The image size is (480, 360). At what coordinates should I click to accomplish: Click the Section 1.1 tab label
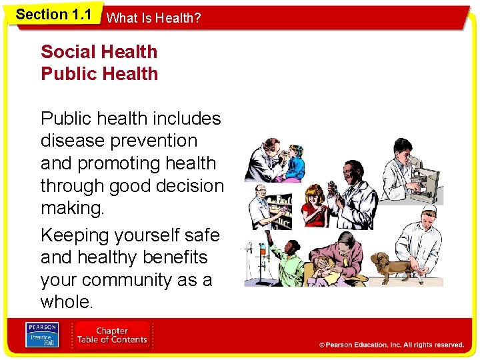pos(53,14)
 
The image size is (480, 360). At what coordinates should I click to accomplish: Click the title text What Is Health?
pos(153,18)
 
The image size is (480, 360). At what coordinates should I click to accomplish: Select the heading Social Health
pos(99,51)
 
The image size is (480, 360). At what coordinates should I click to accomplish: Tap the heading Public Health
pos(99,73)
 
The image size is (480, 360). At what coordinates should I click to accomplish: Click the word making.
pos(72,208)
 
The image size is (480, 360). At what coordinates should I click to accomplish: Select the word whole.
pos(67,302)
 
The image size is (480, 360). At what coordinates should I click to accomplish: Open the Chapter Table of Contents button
pos(111,335)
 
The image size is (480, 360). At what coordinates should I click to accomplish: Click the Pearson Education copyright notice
pos(391,345)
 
